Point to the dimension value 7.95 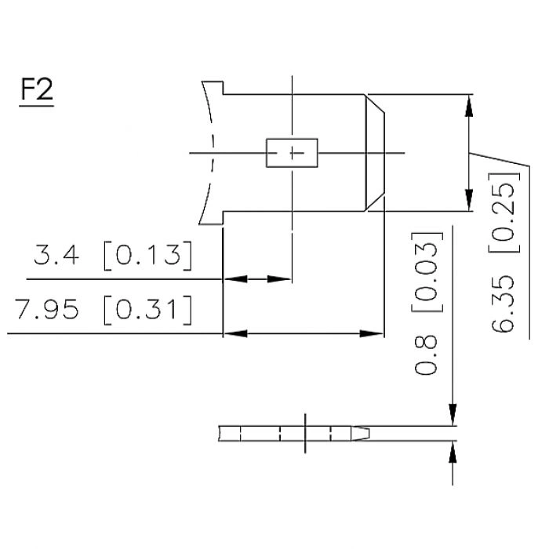[46, 311]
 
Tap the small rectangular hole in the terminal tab [293, 152]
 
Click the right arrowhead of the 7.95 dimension [376, 334]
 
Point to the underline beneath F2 [37, 105]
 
